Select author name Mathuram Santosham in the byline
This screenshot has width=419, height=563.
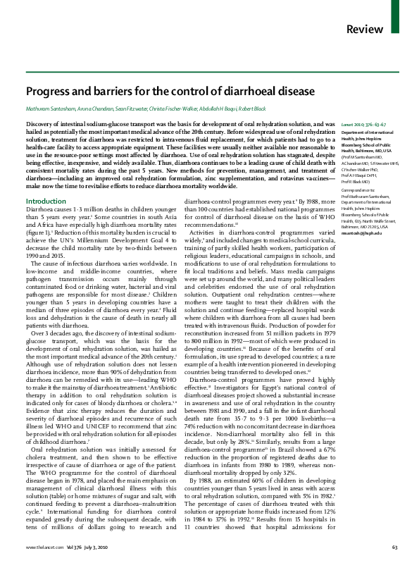coord(50,111)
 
